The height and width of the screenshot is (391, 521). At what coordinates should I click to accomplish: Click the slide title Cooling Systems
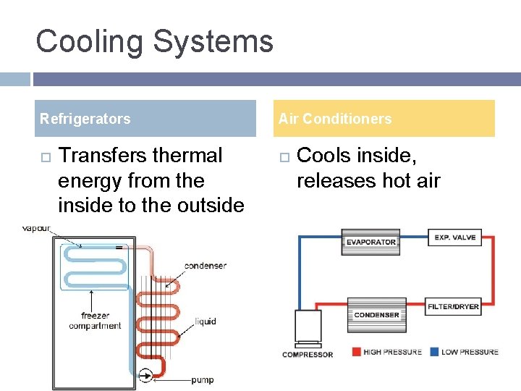[154, 42]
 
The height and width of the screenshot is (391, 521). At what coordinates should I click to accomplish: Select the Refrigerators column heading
[85, 119]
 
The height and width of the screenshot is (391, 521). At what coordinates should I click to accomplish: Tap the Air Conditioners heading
[335, 119]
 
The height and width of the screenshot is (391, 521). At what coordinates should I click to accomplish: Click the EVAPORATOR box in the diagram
[370, 242]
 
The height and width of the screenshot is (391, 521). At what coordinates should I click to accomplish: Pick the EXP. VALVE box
[454, 237]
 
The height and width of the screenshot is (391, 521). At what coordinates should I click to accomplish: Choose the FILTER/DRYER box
[454, 306]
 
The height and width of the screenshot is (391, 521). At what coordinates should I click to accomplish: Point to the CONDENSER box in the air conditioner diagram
[376, 314]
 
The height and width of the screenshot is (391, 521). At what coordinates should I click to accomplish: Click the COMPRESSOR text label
[308, 354]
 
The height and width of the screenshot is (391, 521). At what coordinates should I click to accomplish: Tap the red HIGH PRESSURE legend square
[355, 352]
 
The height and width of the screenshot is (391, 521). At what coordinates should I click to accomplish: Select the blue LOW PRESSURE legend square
[434, 352]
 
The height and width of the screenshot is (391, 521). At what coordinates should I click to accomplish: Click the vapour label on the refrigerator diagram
[36, 228]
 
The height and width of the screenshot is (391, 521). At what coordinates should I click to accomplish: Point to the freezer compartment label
[95, 321]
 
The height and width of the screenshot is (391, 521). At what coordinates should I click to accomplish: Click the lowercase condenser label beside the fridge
[205, 266]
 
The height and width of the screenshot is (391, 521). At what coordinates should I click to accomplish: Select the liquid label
[206, 321]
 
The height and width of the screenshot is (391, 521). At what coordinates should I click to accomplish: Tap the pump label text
[202, 380]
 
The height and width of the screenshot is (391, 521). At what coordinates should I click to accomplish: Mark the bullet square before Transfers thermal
[44, 156]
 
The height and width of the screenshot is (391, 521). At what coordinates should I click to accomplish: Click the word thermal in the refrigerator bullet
[186, 156]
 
